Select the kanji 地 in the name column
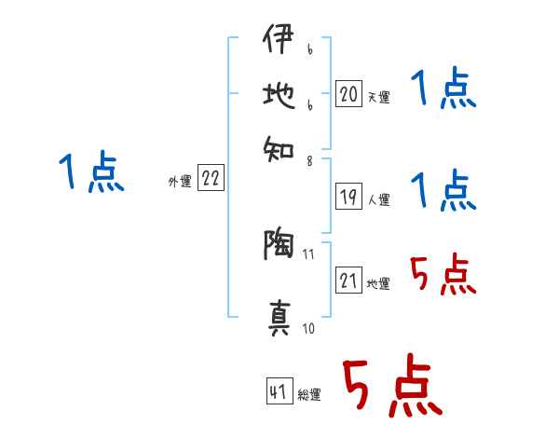[x=278, y=95]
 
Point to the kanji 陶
[x=278, y=245]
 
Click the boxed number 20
[x=348, y=94]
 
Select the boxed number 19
[x=348, y=197]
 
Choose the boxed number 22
[x=210, y=180]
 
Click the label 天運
[x=378, y=97]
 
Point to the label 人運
[x=378, y=199]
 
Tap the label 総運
[x=309, y=395]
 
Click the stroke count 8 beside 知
[x=309, y=160]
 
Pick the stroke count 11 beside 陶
[x=309, y=253]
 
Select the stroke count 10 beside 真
[x=309, y=328]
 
